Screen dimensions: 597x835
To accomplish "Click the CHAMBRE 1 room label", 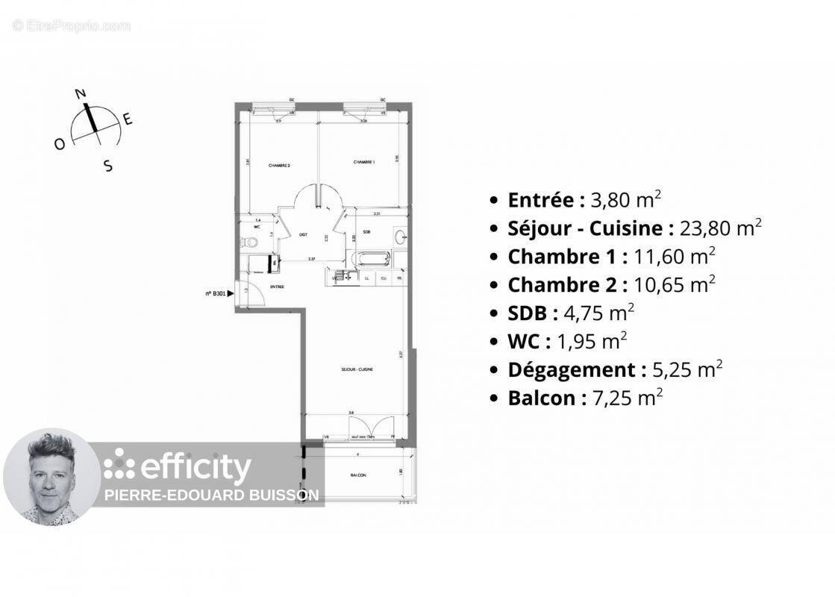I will (363, 163).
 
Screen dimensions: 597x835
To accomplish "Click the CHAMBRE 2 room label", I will (279, 165).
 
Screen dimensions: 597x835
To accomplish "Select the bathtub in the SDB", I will (371, 259).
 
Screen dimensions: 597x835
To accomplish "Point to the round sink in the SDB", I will (401, 238).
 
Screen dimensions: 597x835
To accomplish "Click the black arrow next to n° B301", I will (231, 294).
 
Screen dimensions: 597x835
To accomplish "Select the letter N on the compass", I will (81, 94).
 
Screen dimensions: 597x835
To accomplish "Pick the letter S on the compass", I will (108, 166).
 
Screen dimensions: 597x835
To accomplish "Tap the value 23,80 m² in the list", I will (720, 228).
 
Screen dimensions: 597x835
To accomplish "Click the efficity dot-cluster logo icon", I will (119, 463).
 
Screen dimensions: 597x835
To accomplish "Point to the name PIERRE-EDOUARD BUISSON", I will (211, 495).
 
